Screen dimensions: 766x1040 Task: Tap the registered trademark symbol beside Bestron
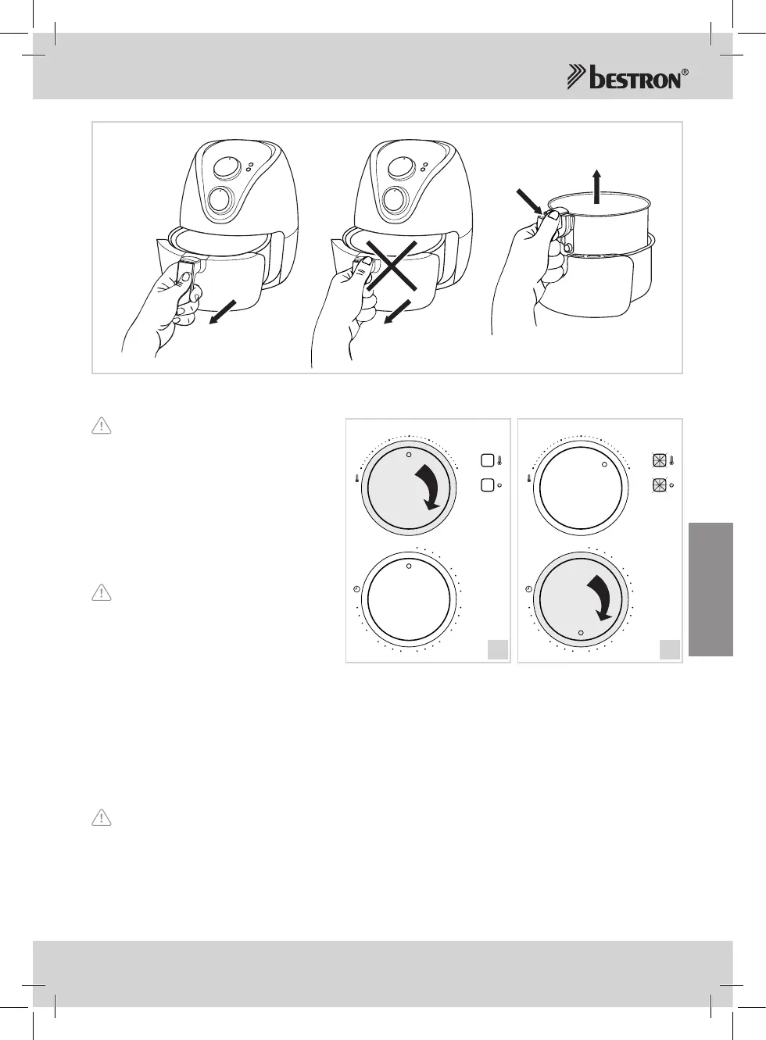pos(685,73)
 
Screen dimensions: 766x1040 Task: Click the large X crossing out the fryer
pos(391,266)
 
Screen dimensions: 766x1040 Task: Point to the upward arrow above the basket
pos(597,186)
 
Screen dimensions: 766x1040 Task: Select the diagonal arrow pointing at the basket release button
pos(530,202)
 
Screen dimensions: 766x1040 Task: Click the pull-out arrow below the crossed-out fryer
pos(397,313)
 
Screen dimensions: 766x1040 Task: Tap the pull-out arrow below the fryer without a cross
pos(223,313)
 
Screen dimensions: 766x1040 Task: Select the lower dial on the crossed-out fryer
pos(394,200)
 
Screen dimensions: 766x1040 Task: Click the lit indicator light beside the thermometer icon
pos(659,460)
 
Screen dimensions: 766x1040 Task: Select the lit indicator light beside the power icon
pos(659,485)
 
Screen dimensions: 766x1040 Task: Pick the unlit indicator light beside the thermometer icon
pos(487,460)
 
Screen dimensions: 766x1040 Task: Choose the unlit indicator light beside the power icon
pos(487,485)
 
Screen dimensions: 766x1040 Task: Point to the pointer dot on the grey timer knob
pos(581,633)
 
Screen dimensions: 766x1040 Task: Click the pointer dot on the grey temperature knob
pos(409,455)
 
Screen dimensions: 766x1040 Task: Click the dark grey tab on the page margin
pos(711,589)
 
